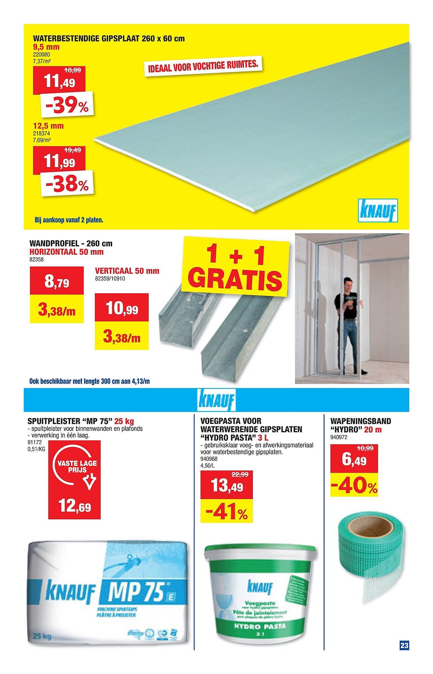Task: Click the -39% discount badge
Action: tap(67, 105)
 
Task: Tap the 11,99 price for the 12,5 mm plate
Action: tap(60, 163)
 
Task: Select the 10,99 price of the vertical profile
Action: tap(122, 309)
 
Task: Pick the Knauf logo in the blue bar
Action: tap(217, 400)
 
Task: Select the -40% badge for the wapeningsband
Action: tap(354, 487)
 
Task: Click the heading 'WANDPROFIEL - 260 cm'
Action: tap(71, 243)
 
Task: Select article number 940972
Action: tap(339, 437)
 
